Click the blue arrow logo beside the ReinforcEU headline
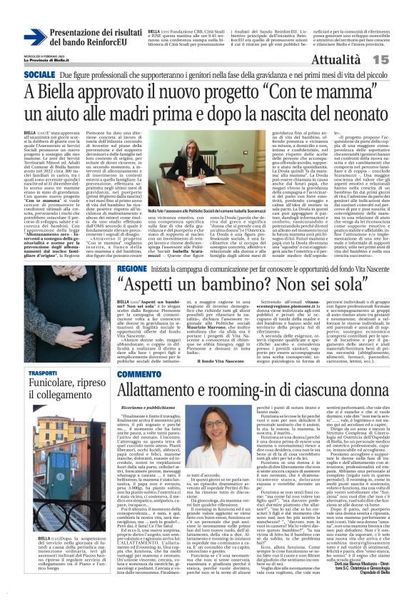pos(35,37)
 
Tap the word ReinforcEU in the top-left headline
pos(107,41)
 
